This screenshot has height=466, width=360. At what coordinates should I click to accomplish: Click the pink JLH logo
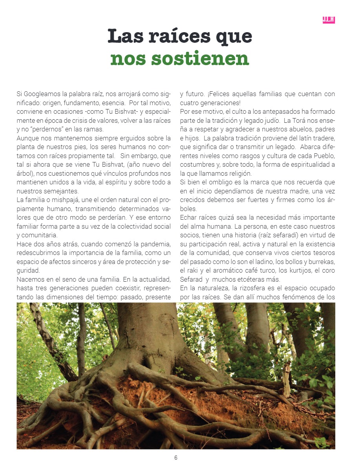(329, 20)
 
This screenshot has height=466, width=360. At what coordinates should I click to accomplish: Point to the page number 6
(176, 457)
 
